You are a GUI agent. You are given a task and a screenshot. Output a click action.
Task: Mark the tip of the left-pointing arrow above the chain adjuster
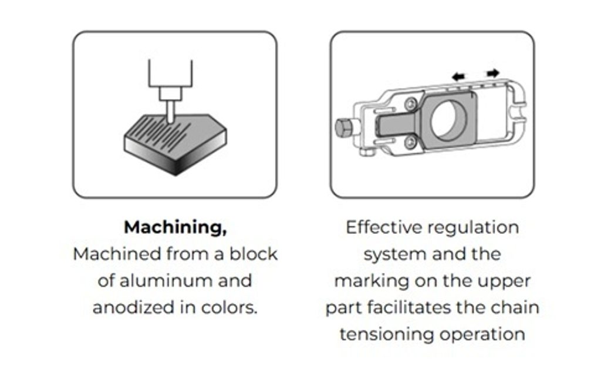[452, 77]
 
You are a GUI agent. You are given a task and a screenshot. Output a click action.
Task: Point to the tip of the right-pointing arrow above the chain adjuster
[499, 72]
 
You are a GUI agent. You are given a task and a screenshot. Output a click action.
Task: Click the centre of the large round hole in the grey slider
[449, 120]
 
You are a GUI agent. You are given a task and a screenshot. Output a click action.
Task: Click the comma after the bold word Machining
[224, 232]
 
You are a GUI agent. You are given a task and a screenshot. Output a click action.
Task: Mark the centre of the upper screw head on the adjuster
[411, 103]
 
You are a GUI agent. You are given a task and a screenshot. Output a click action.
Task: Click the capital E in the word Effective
[351, 227]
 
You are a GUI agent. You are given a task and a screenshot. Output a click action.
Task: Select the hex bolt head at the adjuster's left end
[344, 127]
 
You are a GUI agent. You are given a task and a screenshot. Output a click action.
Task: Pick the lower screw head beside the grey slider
[410, 142]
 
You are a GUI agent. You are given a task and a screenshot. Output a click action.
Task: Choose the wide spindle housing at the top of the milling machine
[171, 73]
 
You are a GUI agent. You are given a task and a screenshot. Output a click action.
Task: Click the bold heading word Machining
[173, 227]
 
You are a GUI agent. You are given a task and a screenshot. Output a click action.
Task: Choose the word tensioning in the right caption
[387, 334]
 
